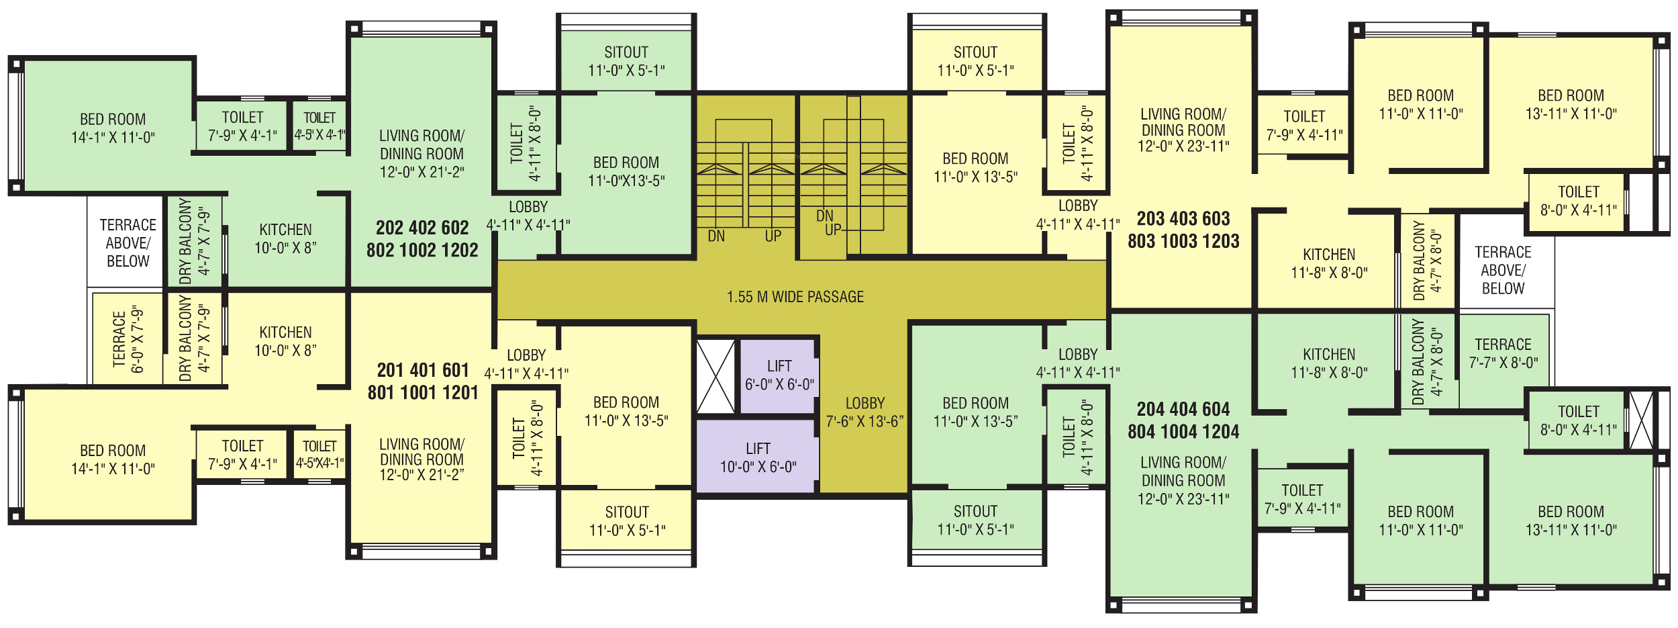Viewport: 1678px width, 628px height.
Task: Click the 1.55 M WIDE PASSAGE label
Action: [795, 297]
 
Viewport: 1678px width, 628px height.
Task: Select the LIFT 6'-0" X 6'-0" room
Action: [779, 375]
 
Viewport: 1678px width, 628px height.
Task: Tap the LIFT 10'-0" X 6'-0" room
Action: [758, 457]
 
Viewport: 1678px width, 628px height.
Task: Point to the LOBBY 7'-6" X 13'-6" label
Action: [865, 412]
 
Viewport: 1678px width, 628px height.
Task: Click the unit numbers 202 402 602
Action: [422, 228]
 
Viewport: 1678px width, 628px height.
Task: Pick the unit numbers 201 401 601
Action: [423, 371]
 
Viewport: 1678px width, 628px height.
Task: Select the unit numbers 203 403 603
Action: [1183, 219]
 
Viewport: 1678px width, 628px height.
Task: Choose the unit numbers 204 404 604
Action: [1183, 410]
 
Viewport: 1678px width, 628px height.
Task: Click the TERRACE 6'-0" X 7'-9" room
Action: [128, 339]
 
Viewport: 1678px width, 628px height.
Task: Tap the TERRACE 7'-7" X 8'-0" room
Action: [1503, 353]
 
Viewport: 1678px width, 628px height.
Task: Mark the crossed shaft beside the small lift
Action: [715, 377]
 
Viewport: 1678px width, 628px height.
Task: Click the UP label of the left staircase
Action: [773, 236]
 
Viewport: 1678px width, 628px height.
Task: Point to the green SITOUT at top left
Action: [626, 61]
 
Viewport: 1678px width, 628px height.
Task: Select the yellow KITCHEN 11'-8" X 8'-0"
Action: [1328, 263]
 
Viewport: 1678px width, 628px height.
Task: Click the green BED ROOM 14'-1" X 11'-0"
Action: [113, 128]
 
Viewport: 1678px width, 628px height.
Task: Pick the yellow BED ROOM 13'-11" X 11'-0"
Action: [1571, 104]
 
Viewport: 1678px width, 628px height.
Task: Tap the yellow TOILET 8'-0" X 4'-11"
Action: [1578, 201]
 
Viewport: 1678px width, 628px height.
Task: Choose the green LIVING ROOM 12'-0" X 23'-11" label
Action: [1183, 480]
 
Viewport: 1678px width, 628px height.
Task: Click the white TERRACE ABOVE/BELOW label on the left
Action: [128, 242]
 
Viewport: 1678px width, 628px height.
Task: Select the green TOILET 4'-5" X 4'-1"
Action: [319, 126]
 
